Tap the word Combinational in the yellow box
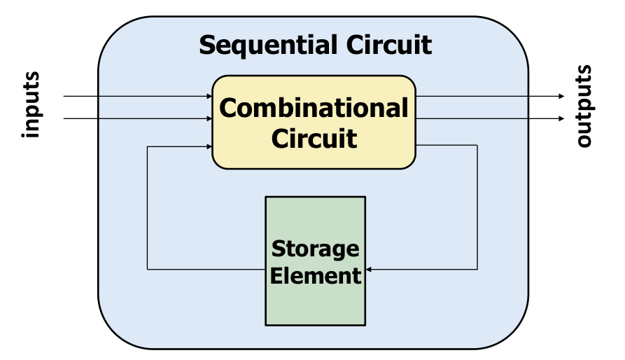(x=314, y=108)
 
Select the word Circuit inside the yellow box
(x=314, y=137)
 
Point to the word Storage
(x=315, y=249)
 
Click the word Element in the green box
(x=315, y=275)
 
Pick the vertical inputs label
(x=31, y=104)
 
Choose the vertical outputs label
(x=584, y=106)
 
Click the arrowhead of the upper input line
(x=209, y=96)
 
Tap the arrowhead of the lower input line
(x=209, y=118)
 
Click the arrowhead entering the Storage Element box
(x=369, y=269)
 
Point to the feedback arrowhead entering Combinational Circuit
(x=209, y=146)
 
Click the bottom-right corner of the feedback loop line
(x=477, y=269)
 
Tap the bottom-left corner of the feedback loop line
(x=147, y=269)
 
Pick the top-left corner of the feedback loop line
(x=147, y=146)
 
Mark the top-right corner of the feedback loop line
(x=477, y=145)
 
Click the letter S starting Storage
(x=277, y=249)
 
